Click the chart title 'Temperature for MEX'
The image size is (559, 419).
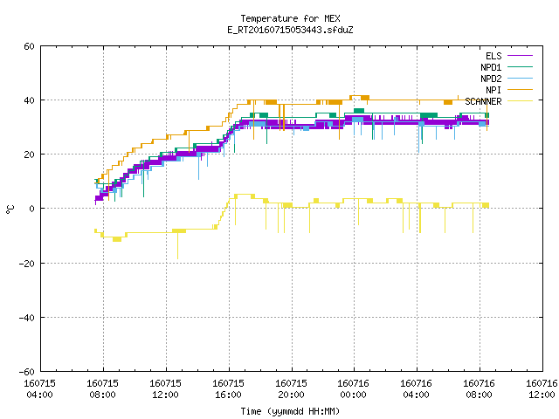[290, 18]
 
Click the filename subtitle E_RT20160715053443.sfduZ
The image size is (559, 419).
[290, 30]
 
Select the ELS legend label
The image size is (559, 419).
[493, 56]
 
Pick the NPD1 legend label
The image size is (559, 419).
[491, 67]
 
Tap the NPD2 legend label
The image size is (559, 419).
[491, 79]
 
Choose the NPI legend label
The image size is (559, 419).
[493, 90]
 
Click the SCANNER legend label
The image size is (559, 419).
[483, 101]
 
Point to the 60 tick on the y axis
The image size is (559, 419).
[29, 46]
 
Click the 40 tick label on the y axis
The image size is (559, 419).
[29, 100]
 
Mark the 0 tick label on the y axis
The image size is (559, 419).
[32, 209]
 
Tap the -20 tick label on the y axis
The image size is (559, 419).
[27, 264]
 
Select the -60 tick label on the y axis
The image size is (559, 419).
[27, 372]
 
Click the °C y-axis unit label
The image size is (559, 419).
[10, 209]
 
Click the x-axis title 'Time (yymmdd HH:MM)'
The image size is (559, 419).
[290, 411]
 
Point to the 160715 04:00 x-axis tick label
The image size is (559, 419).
[39, 389]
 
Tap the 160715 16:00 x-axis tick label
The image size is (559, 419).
[228, 389]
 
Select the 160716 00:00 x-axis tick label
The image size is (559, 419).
[353, 389]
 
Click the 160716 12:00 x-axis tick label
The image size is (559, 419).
[542, 389]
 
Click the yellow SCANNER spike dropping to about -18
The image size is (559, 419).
[177, 246]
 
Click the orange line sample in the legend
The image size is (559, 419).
[521, 90]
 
